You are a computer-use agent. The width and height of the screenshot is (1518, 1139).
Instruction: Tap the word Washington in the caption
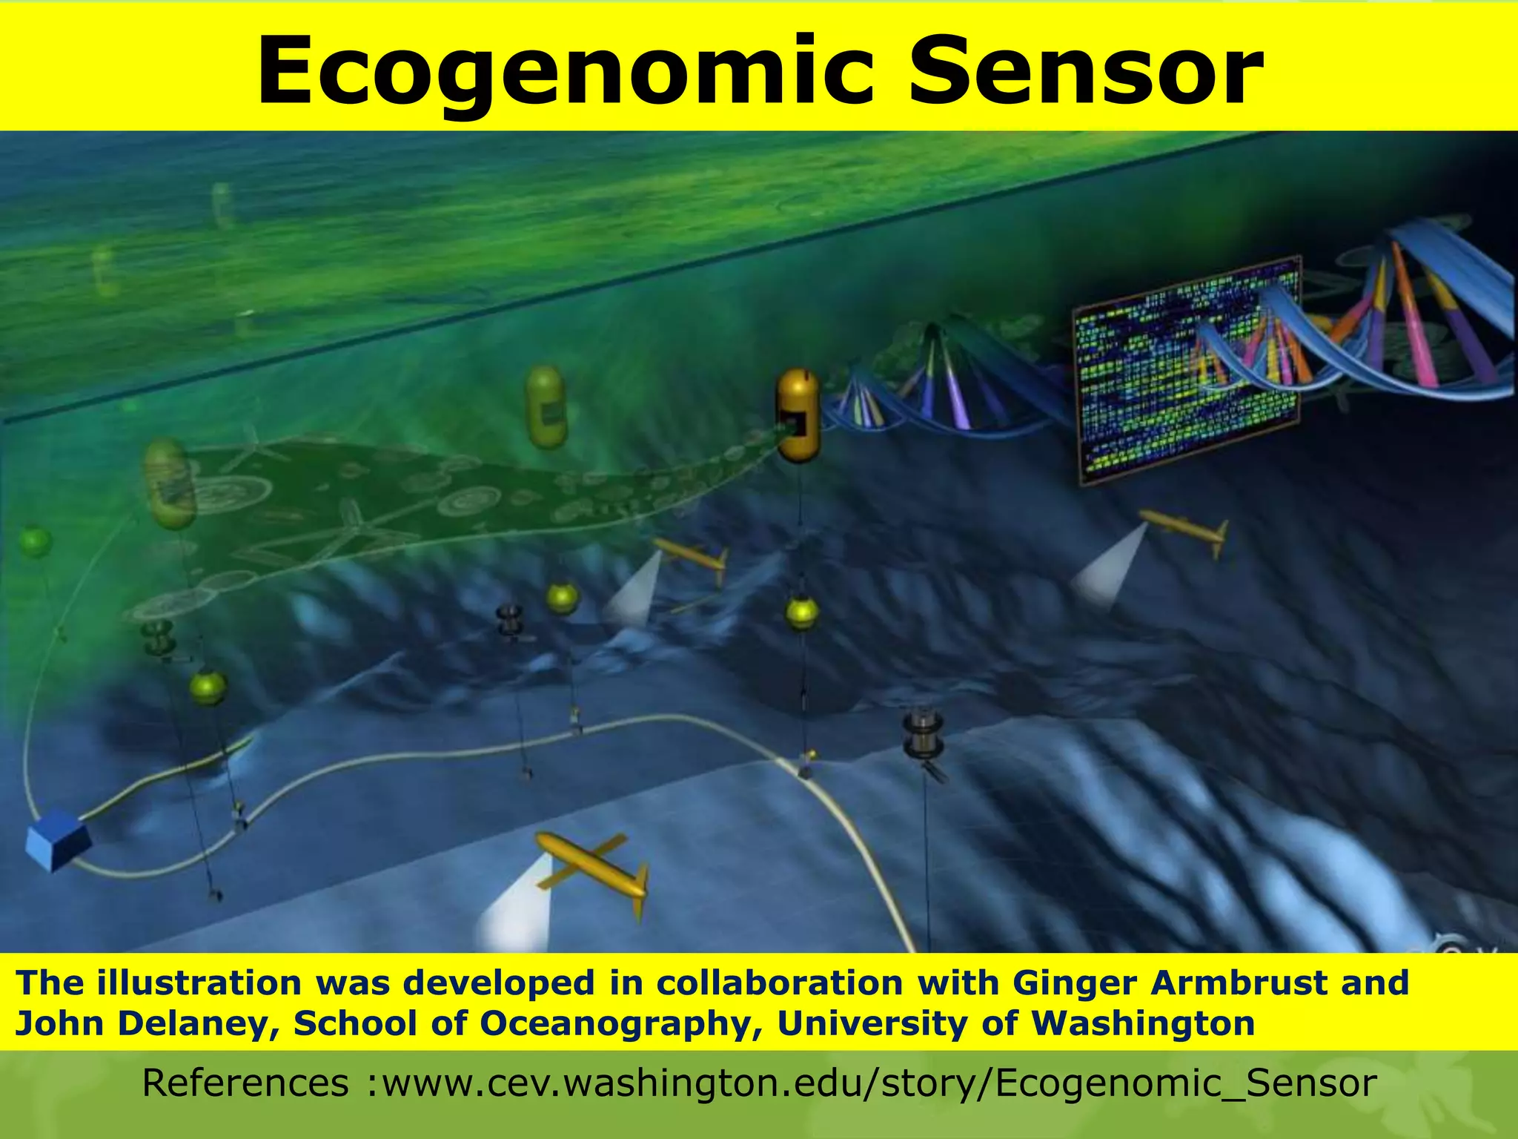[x=1143, y=1024]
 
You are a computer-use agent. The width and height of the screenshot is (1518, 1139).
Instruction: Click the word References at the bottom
[x=245, y=1083]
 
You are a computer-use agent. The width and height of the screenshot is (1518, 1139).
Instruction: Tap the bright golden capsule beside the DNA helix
[x=798, y=415]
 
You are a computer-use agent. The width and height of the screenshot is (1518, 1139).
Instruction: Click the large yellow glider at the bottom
[x=593, y=868]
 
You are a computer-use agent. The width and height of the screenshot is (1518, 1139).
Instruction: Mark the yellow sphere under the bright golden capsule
[x=802, y=613]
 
